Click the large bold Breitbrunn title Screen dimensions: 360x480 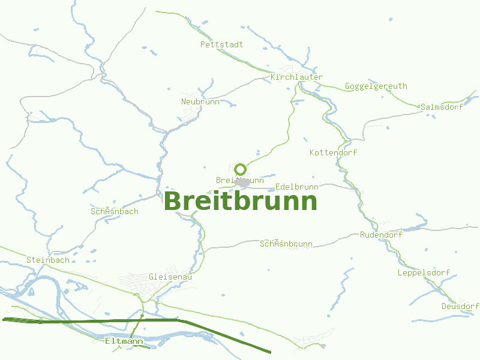tap(240, 201)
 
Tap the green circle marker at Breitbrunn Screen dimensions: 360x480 tap(241, 169)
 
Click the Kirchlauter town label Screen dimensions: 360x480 tap(296, 77)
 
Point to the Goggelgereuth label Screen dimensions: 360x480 tap(376, 86)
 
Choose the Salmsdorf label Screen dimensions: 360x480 tap(442, 107)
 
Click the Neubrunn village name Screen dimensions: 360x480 tap(200, 101)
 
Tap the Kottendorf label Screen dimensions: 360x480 tap(333, 152)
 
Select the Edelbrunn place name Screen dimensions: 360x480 tap(296, 187)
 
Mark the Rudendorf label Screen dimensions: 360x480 tap(381, 235)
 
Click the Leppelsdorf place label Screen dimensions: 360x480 tap(424, 272)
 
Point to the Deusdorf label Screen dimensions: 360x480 tap(460, 306)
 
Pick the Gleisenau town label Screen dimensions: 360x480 tap(170, 277)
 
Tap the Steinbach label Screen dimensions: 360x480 tap(47, 260)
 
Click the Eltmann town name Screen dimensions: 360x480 tap(124, 341)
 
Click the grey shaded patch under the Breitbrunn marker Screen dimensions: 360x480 tap(242, 181)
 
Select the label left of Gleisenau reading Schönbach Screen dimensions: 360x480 tap(114, 211)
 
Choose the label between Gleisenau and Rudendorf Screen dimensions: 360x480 tap(286, 244)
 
